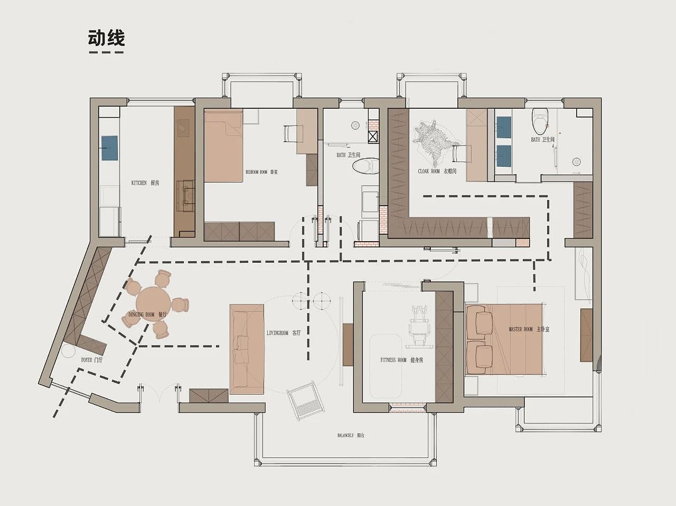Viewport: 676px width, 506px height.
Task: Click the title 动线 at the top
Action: click(106, 39)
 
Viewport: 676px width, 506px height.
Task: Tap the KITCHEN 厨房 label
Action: click(145, 183)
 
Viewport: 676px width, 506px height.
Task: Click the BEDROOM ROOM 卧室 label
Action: click(261, 172)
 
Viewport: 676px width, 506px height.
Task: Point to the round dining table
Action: click(153, 303)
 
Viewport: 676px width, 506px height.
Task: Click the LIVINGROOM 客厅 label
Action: click(284, 333)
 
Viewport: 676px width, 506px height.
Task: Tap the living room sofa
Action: click(247, 349)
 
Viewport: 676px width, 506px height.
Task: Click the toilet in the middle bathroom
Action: click(365, 166)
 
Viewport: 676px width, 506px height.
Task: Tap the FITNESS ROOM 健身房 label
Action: click(401, 360)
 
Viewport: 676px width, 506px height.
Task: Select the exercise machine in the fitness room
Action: click(420, 328)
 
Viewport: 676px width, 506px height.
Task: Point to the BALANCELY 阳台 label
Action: click(351, 436)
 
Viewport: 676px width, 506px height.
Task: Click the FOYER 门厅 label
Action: click(92, 360)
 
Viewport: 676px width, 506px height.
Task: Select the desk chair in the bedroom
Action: click(291, 133)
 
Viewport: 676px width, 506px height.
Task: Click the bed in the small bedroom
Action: click(223, 145)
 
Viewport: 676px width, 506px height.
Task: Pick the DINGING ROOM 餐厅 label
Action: click(147, 314)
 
